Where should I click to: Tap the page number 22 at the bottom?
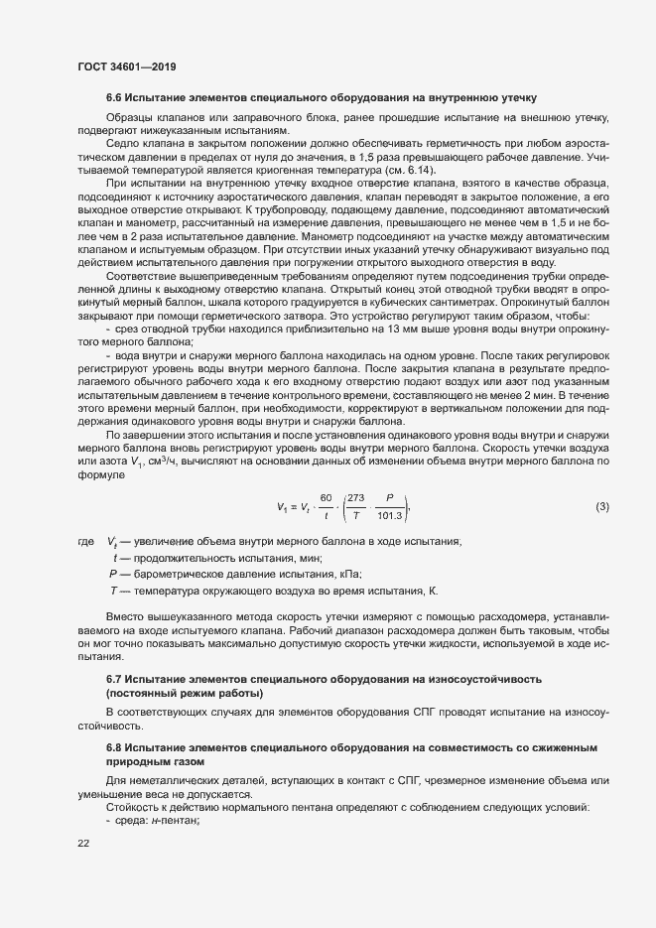click(83, 844)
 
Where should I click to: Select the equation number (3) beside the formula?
click(601, 507)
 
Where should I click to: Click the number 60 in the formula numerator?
click(324, 499)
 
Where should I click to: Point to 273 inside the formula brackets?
click(356, 499)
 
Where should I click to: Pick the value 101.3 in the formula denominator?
click(390, 516)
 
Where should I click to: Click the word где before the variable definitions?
click(85, 542)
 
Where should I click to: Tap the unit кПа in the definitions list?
click(353, 574)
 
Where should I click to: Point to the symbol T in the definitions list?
click(114, 591)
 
